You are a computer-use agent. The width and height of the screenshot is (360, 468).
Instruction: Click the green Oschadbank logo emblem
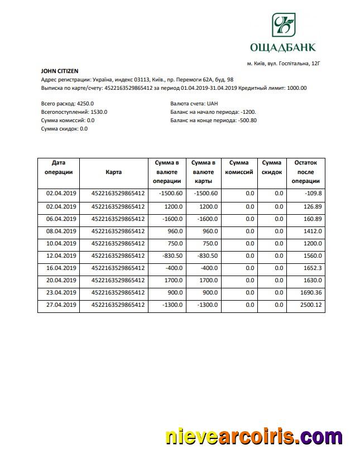285,26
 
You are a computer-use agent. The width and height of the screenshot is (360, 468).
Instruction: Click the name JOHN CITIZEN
60,71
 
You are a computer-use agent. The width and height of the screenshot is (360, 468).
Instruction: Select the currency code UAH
212,104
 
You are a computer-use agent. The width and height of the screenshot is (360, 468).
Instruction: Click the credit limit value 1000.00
296,88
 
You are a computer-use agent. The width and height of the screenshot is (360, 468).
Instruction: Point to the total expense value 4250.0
85,104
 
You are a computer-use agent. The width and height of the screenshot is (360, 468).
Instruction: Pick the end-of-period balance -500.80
247,120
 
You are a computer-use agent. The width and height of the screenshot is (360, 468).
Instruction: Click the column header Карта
114,172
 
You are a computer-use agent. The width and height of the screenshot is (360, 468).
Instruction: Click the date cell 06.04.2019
60,219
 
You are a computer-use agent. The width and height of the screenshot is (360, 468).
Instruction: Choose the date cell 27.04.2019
60,305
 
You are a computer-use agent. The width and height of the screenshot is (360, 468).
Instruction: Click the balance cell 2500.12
310,305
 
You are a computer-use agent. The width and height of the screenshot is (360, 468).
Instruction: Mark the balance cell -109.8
314,194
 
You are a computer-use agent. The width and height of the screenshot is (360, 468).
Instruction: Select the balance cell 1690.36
310,292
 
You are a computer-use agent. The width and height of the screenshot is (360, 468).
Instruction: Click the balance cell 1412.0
311,231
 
